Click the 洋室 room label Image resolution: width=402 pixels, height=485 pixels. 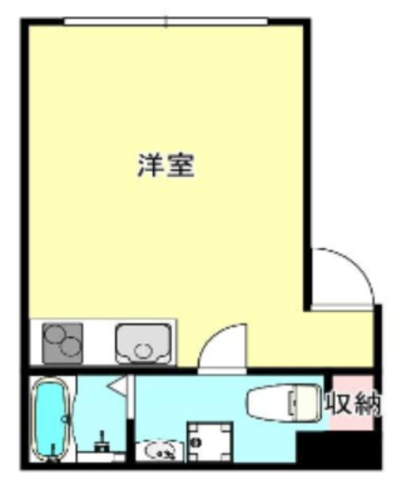[x=166, y=165]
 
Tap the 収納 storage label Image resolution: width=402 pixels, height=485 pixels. [x=354, y=403]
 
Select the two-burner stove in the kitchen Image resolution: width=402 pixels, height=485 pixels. [x=62, y=343]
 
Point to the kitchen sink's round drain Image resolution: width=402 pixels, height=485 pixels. [x=142, y=351]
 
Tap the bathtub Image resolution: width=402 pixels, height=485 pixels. [x=51, y=419]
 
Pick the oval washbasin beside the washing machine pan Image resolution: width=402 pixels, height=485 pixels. [x=160, y=452]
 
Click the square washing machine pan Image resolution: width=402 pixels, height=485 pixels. [x=210, y=442]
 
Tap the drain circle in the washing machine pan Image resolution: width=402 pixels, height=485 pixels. [x=195, y=443]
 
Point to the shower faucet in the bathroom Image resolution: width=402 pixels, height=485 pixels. [x=101, y=443]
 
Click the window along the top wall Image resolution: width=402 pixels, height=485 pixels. [x=166, y=21]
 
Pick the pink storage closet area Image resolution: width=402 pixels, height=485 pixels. [x=351, y=402]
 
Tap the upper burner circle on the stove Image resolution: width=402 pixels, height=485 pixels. [x=55, y=336]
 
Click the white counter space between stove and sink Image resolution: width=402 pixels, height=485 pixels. [x=99, y=343]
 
